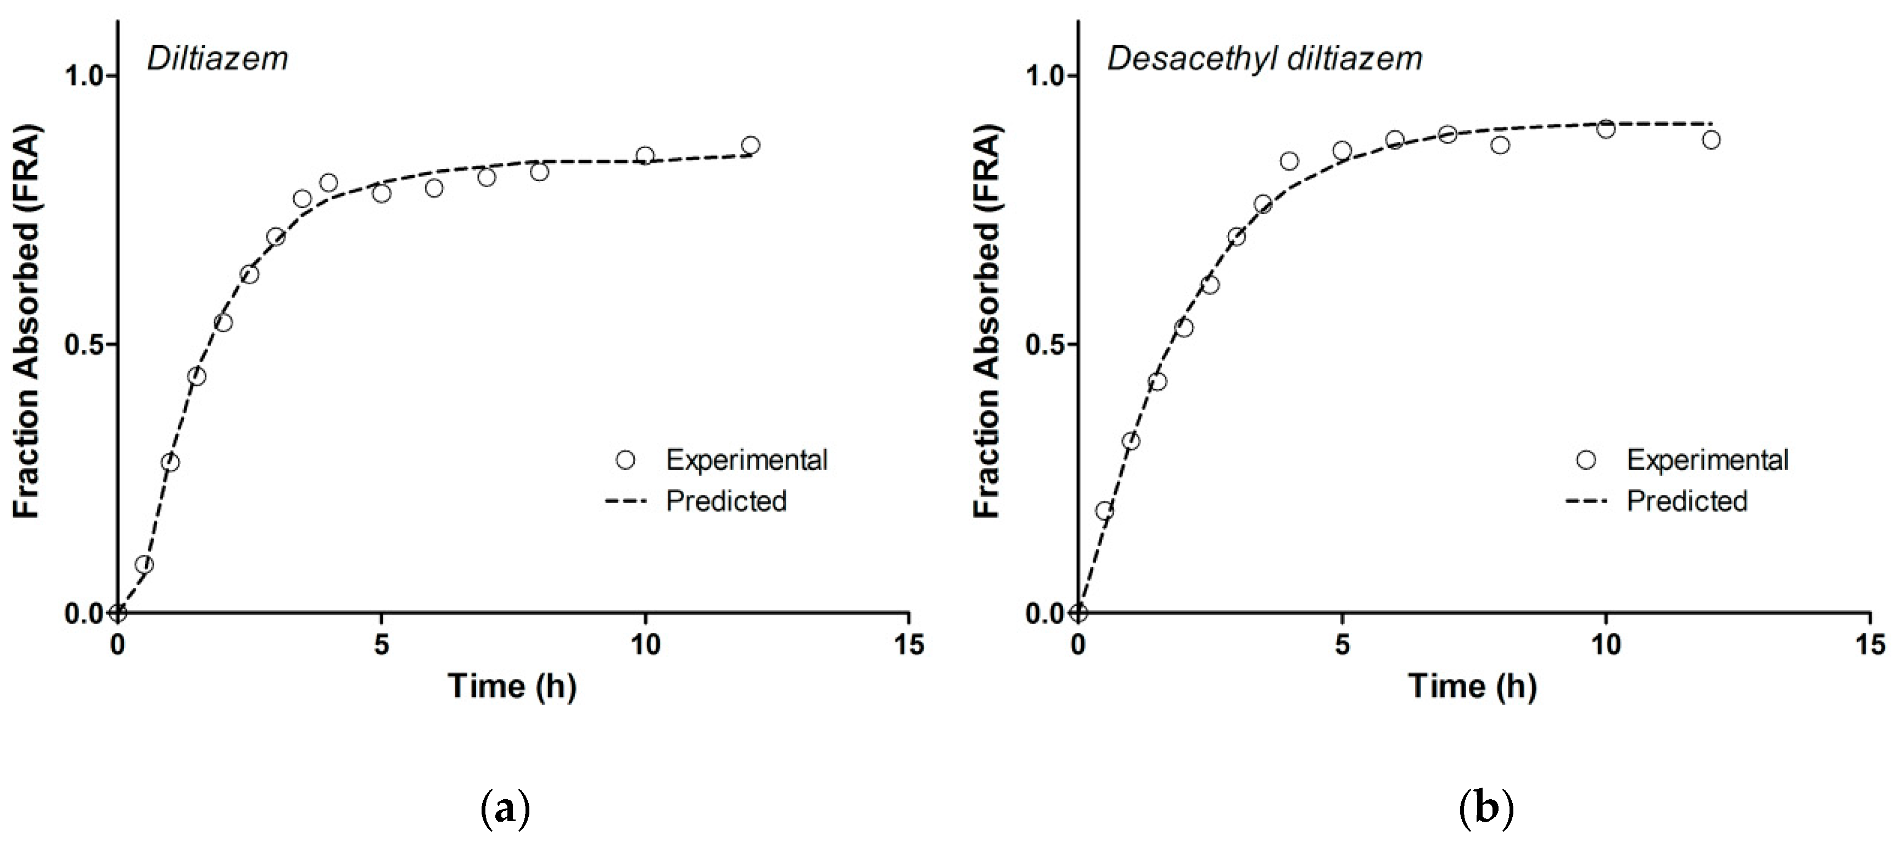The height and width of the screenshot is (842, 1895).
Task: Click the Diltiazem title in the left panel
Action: point(218,59)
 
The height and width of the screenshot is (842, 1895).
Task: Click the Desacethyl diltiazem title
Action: point(1265,59)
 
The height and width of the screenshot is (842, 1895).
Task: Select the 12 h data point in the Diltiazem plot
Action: point(750,145)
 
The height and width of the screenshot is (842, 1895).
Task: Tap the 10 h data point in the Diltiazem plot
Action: point(645,155)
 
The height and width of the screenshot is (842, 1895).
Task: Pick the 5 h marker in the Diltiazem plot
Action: point(381,193)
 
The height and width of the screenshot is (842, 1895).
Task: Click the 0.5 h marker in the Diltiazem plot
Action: point(144,565)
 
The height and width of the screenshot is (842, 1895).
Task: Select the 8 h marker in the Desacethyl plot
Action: point(1500,145)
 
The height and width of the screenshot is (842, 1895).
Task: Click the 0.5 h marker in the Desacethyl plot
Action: point(1104,510)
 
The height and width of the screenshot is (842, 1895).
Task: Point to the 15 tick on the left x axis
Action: point(908,645)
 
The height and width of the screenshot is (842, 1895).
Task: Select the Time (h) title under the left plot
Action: point(512,686)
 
